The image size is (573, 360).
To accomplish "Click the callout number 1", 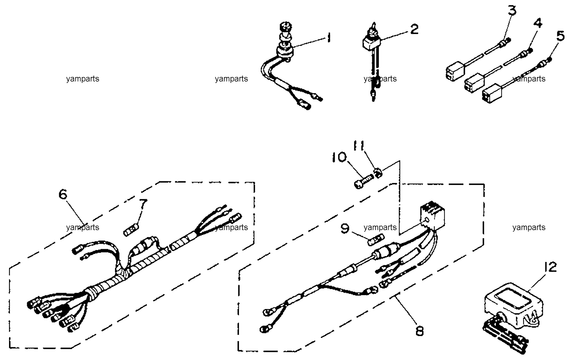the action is coord(328,38).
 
